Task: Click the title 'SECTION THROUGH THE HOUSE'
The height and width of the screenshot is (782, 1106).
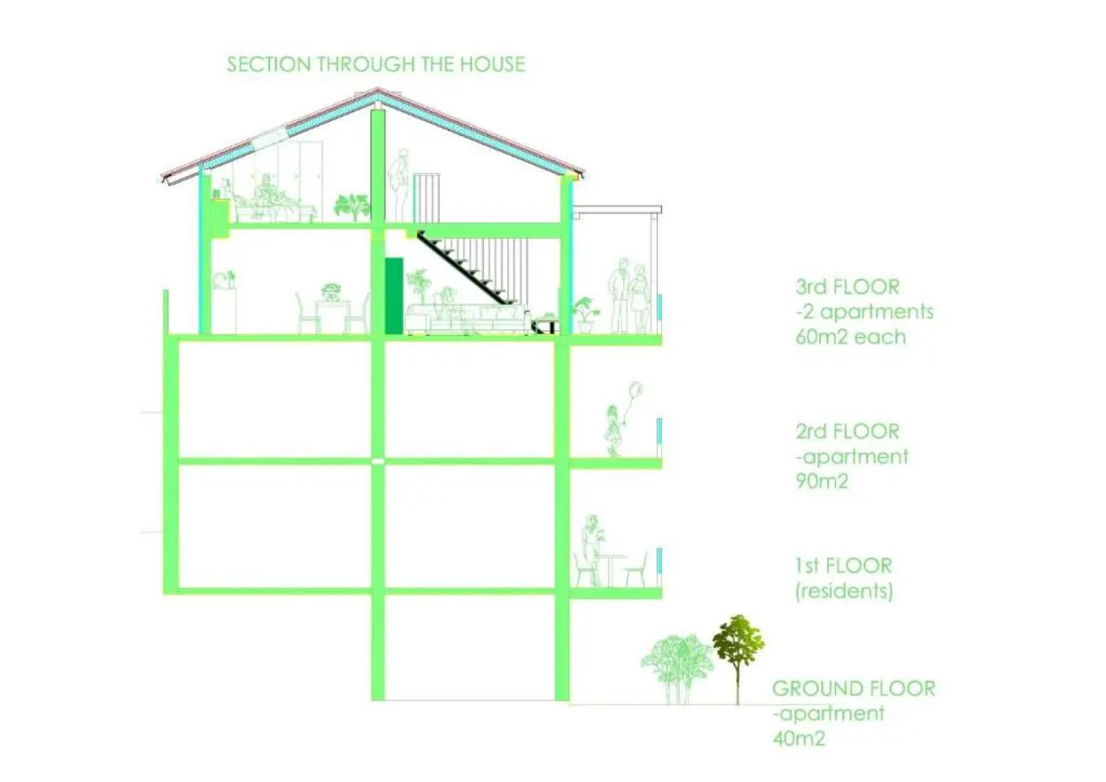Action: tap(376, 64)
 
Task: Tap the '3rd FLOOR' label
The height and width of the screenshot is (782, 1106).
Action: tap(847, 287)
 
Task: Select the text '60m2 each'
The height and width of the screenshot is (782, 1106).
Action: tap(850, 337)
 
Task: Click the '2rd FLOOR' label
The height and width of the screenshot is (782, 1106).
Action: tap(847, 432)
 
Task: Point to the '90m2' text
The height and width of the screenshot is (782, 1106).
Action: tap(822, 481)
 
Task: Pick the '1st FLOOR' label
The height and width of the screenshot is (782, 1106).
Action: tap(843, 566)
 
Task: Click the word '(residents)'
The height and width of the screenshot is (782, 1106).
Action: tap(844, 591)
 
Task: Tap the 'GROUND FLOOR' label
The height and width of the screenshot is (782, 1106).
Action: tap(853, 689)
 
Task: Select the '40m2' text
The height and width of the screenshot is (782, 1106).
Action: tap(798, 739)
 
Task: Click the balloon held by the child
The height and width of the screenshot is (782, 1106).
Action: tap(636, 391)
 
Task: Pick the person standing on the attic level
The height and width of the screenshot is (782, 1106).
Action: tap(398, 185)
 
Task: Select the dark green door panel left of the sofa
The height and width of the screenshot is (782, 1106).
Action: tap(393, 295)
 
